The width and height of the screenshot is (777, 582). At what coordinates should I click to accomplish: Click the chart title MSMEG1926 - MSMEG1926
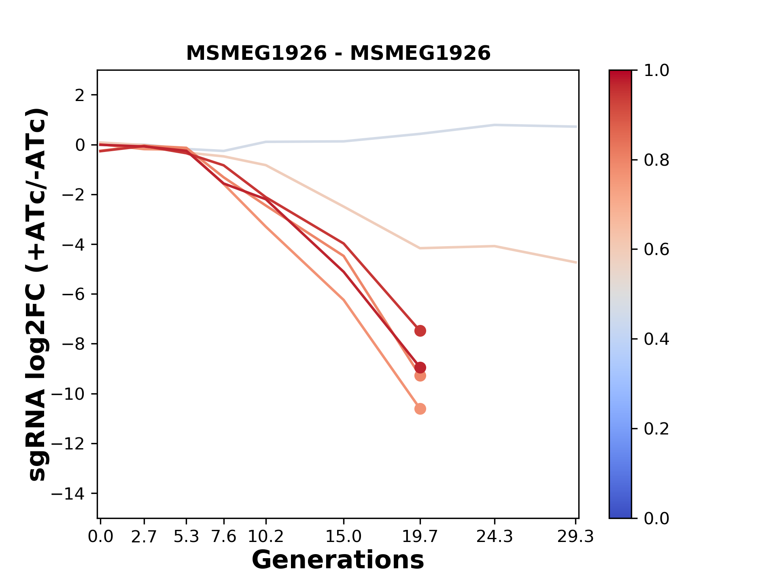pos(338,53)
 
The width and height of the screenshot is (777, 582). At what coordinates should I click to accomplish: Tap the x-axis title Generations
pos(338,560)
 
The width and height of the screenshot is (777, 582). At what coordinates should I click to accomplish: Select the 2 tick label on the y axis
pos(80,95)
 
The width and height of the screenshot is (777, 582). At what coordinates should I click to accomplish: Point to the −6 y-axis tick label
pos(73,294)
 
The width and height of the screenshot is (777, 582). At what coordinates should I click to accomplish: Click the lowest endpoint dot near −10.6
pos(420,409)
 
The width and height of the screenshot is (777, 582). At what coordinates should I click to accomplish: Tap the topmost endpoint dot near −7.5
pos(420,331)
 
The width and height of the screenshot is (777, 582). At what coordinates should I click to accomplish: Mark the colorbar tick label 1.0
pos(656,71)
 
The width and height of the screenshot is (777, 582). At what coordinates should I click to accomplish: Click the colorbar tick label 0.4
pos(656,339)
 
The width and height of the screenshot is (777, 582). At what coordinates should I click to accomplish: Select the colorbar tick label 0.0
pos(656,518)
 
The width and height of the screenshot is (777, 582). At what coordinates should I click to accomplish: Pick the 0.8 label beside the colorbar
pos(656,160)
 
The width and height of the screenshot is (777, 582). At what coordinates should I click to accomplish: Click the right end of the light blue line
pos(576,127)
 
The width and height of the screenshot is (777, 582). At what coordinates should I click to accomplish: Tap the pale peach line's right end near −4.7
pos(576,263)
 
